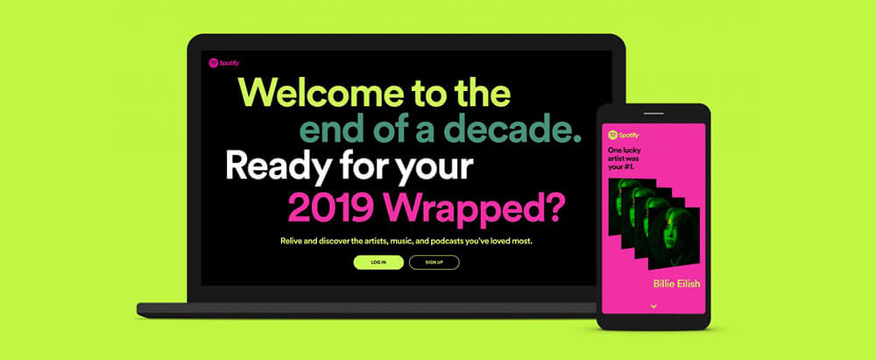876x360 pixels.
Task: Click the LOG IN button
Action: point(378,262)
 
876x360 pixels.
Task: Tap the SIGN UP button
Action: point(434,262)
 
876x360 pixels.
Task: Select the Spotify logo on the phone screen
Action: point(623,135)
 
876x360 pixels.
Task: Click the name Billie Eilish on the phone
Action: point(676,284)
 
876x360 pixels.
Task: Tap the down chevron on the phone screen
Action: point(653,307)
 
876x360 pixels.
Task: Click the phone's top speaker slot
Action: point(653,114)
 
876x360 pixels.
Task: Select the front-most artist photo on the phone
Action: point(681,236)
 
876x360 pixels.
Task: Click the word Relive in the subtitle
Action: point(291,242)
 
